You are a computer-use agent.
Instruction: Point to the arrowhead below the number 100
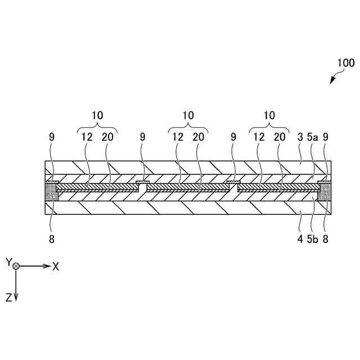(332, 82)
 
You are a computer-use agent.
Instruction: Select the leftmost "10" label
(97, 115)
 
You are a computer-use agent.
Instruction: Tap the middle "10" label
(188, 115)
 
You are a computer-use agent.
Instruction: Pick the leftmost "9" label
(52, 136)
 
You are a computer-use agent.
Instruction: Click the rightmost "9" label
(325, 136)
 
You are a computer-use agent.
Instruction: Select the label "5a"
(312, 136)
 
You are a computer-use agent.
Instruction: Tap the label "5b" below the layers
(313, 238)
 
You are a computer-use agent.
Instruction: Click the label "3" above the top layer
(300, 136)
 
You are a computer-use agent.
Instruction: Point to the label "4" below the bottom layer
(300, 238)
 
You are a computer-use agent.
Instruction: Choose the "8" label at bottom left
(52, 238)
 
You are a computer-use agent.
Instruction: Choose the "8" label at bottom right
(325, 238)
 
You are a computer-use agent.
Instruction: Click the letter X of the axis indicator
(56, 267)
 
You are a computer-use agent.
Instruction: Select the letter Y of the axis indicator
(8, 262)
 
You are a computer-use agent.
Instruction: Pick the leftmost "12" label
(87, 136)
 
